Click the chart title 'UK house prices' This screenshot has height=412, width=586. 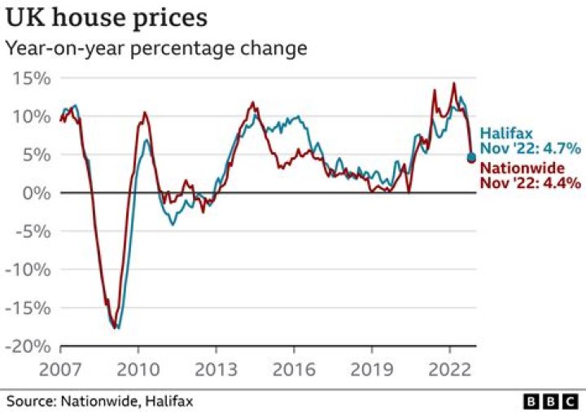pyautogui.click(x=106, y=17)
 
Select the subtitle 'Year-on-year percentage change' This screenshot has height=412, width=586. pyautogui.click(x=156, y=48)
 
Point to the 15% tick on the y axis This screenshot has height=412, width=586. pyautogui.click(x=32, y=78)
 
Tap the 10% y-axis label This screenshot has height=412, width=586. pyautogui.click(x=32, y=116)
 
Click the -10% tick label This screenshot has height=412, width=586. pyautogui.click(x=28, y=270)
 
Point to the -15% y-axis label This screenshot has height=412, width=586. pyautogui.click(x=28, y=308)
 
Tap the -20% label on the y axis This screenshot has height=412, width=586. pyautogui.click(x=28, y=346)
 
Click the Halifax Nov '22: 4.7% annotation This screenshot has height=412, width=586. pyautogui.click(x=529, y=141)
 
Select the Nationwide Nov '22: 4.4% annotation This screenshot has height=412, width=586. pyautogui.click(x=529, y=176)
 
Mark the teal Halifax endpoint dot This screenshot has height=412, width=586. pyautogui.click(x=471, y=156)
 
